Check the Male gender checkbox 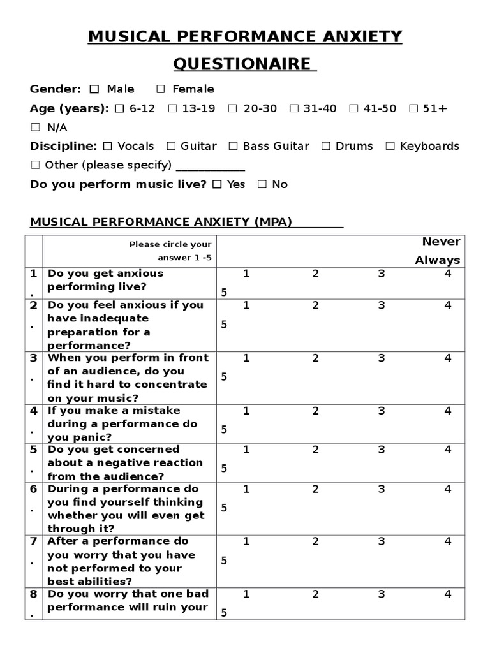(x=94, y=89)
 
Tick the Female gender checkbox (x=161, y=89)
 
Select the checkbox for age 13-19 (x=172, y=108)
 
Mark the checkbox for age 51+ (x=413, y=108)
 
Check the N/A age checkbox (x=35, y=128)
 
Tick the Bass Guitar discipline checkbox (x=233, y=146)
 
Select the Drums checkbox (x=326, y=146)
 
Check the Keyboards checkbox (x=390, y=146)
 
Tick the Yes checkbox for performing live (x=217, y=185)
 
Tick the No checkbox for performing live (x=262, y=185)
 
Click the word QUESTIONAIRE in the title (x=245, y=64)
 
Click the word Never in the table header (x=441, y=242)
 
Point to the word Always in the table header (x=438, y=260)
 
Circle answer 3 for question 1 (x=382, y=274)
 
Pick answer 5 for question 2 (x=224, y=325)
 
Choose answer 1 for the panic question (x=246, y=411)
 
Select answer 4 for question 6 (x=448, y=490)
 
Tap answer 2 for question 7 (x=315, y=542)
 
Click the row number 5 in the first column (x=33, y=450)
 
